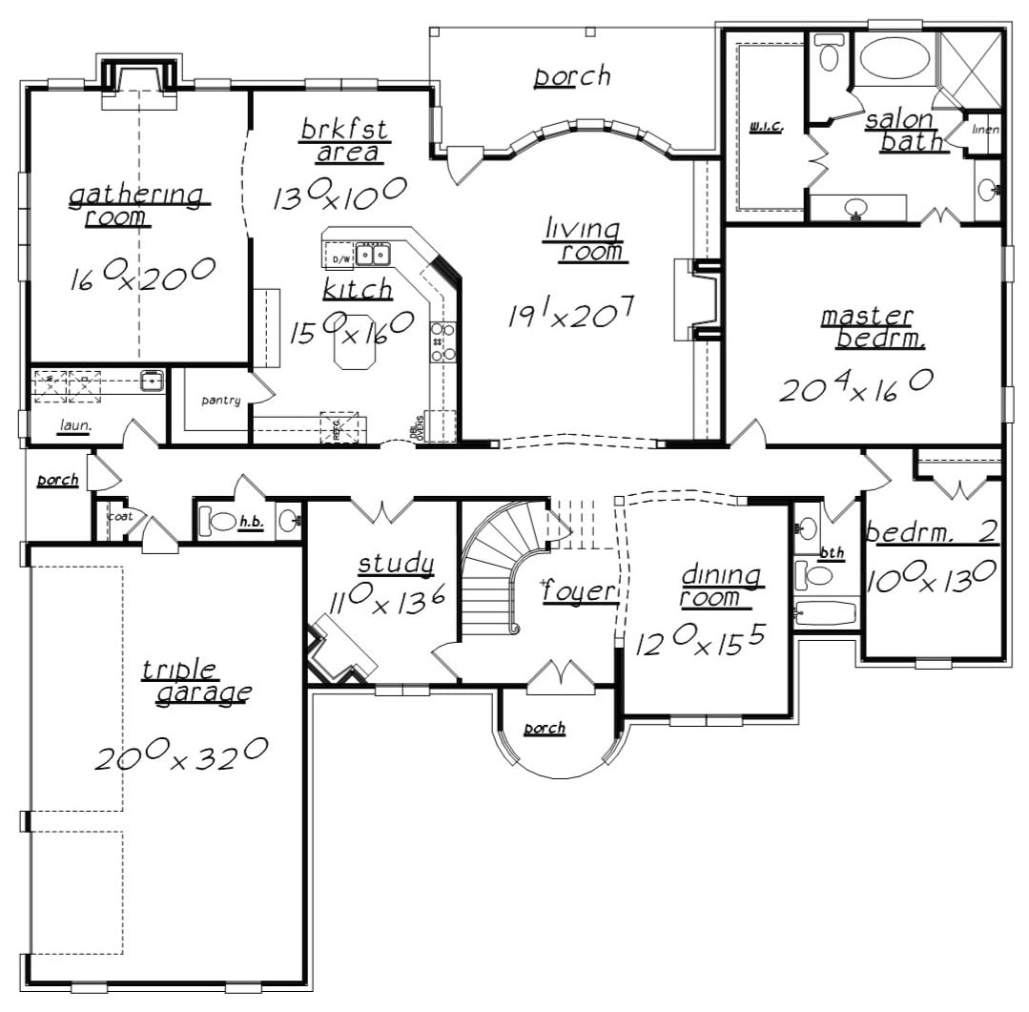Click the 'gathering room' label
point(135,205)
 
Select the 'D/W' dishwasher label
point(340,257)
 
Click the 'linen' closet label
point(985,130)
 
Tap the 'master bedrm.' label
point(866,326)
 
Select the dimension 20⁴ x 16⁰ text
point(855,385)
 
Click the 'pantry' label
point(220,401)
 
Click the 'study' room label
point(396,564)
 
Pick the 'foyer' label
point(578,591)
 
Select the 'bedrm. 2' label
point(931,531)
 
